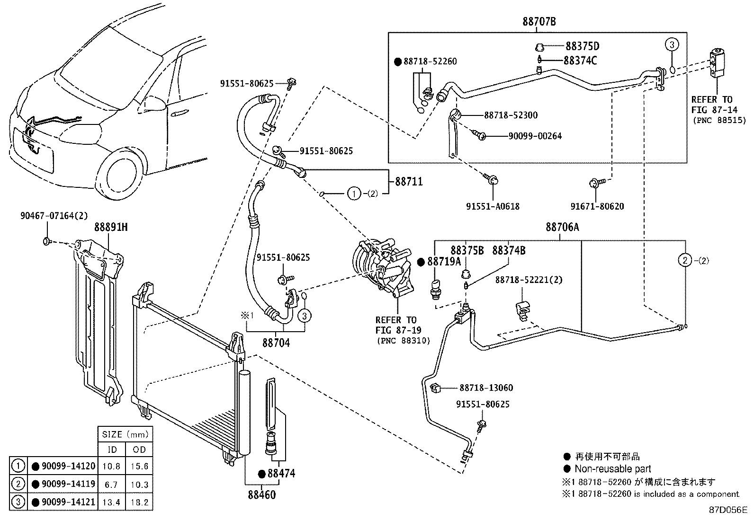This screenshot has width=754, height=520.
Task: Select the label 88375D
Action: pyautogui.click(x=582, y=46)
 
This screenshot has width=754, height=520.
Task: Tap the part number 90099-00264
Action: pyautogui.click(x=535, y=136)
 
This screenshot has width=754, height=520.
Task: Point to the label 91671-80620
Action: pyautogui.click(x=597, y=206)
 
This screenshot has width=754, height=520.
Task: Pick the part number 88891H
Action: pyautogui.click(x=110, y=228)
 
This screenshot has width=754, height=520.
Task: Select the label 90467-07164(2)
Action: pyautogui.click(x=54, y=216)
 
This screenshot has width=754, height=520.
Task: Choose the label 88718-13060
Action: pyautogui.click(x=486, y=388)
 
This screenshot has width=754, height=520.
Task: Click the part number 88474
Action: pyautogui.click(x=281, y=474)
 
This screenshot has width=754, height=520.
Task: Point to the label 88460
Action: pyautogui.click(x=261, y=495)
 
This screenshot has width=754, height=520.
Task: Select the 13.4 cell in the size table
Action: pyautogui.click(x=111, y=502)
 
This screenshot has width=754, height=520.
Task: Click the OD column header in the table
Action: pyautogui.click(x=139, y=449)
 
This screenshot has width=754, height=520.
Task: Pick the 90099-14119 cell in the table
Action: pyautogui.click(x=69, y=484)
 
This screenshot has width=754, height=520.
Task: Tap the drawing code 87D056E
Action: pyautogui.click(x=727, y=511)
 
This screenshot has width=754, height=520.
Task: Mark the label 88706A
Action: pyautogui.click(x=562, y=228)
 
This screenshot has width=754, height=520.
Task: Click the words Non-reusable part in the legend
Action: pyautogui.click(x=612, y=469)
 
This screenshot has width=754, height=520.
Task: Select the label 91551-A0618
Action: pyautogui.click(x=493, y=206)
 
